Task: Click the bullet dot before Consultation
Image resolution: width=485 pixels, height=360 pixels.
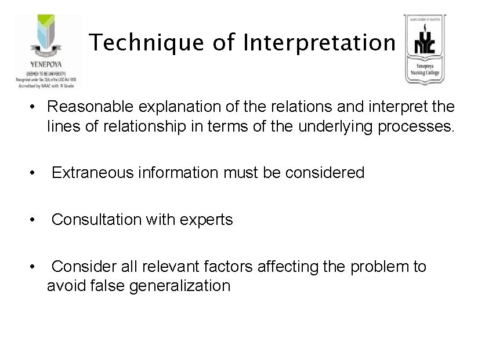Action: click(37, 220)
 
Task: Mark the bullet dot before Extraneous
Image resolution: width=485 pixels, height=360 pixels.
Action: click(37, 173)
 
